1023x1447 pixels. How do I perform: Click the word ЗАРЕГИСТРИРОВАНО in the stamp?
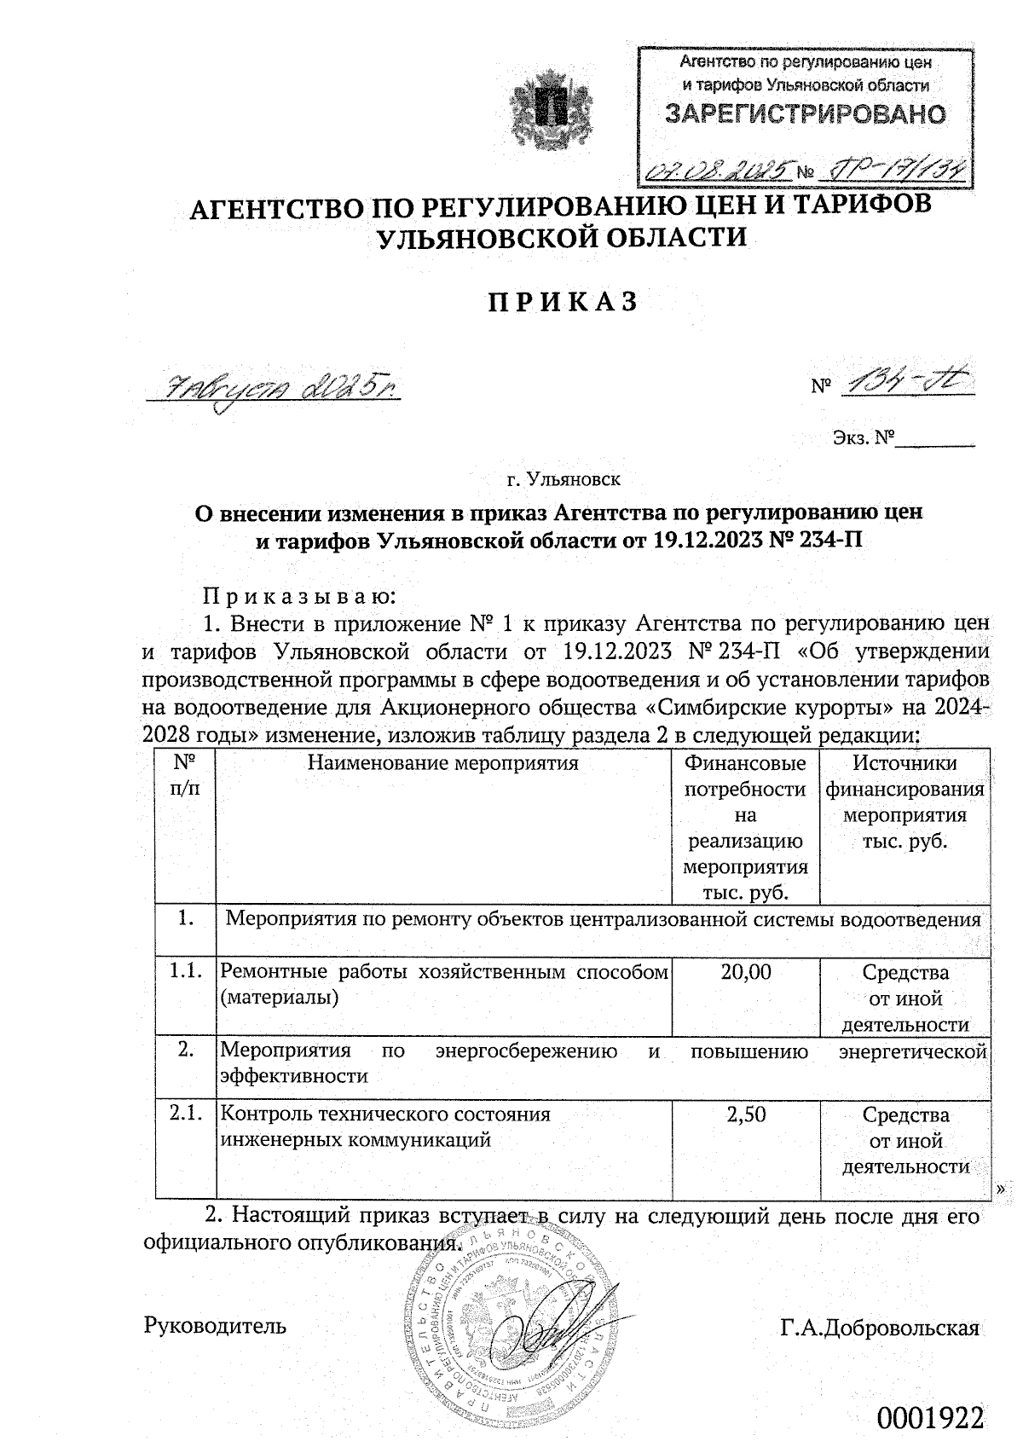point(805,115)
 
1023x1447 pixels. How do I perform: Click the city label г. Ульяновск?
point(564,480)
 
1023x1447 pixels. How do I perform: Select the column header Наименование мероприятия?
point(443,763)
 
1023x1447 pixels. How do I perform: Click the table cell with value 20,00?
point(746,971)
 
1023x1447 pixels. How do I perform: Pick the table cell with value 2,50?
point(746,1114)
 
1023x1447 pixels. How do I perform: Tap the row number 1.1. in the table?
point(185,970)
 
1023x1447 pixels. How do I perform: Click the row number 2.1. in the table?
point(185,1113)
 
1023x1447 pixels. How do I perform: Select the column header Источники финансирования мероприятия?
point(905,802)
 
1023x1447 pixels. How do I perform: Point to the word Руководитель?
point(216,1326)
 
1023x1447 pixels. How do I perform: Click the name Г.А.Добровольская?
point(880,1328)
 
